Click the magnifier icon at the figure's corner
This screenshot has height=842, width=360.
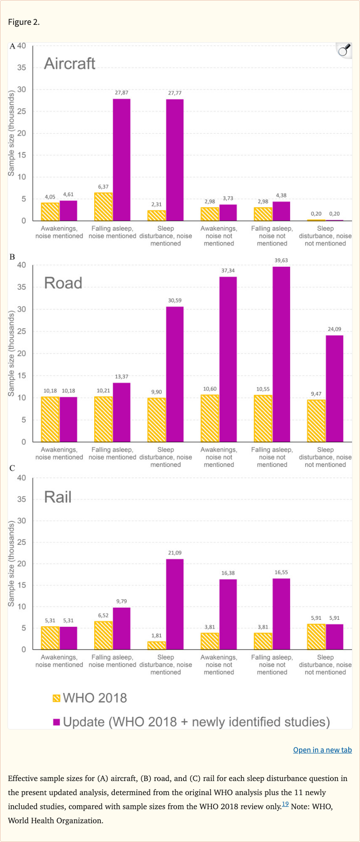(x=344, y=50)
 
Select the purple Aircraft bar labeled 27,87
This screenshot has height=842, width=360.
(x=122, y=159)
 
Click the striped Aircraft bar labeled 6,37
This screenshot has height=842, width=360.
(x=103, y=207)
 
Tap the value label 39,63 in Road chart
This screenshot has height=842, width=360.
(x=281, y=260)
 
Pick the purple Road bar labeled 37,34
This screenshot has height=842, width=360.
(x=228, y=359)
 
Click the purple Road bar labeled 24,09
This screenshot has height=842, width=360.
(x=335, y=389)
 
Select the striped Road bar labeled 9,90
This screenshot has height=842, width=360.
(x=157, y=420)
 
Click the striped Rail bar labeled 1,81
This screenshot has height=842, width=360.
(x=157, y=646)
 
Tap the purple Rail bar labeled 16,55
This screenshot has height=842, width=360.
(x=281, y=614)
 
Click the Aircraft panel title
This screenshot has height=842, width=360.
(x=69, y=63)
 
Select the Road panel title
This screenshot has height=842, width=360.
(x=63, y=283)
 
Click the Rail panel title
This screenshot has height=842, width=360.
(x=58, y=497)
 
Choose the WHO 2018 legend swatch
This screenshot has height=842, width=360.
(x=57, y=698)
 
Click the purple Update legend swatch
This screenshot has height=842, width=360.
(x=57, y=722)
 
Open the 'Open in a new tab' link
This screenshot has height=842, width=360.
(x=322, y=750)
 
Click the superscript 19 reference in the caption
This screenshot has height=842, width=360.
(x=285, y=804)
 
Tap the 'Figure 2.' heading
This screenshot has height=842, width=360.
(x=24, y=22)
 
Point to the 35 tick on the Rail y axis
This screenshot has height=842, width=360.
(x=22, y=499)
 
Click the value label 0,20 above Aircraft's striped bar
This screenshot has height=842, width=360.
(x=316, y=214)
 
